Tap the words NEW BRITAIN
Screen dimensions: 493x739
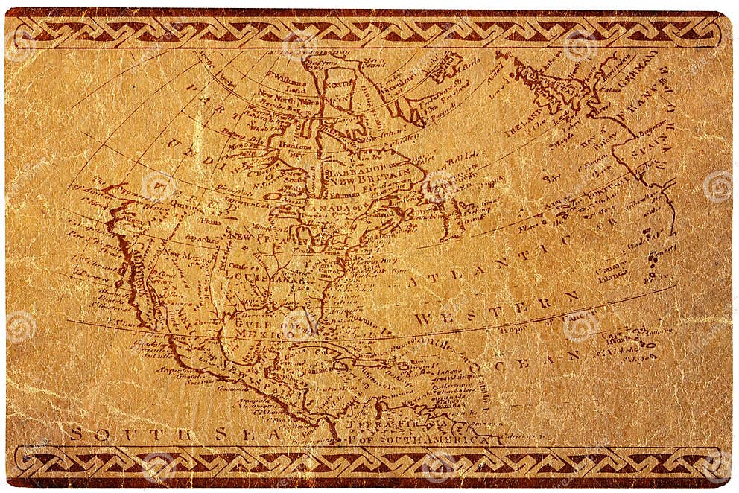[x=378, y=181]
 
